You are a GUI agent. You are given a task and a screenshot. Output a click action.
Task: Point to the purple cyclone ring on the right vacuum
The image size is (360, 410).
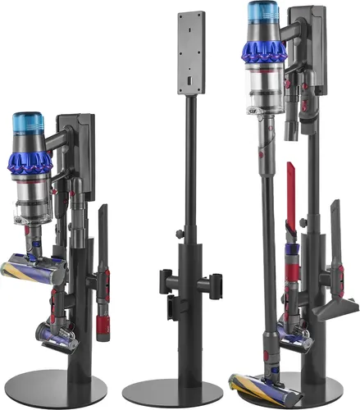(x=263, y=52)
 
